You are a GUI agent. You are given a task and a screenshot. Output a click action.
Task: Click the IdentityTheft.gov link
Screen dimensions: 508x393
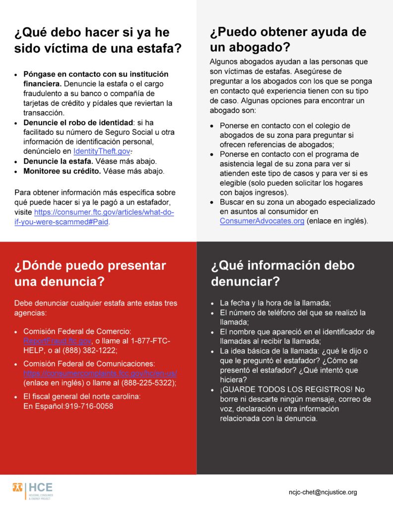102,151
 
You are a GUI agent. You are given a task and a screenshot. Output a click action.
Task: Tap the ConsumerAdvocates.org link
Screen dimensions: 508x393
262,221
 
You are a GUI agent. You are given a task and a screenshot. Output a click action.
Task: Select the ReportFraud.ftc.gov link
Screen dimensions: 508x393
57,341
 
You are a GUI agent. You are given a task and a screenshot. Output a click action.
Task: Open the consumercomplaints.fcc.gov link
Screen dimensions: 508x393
100,373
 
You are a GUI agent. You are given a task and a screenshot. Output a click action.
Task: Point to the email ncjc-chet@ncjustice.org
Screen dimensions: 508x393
323,492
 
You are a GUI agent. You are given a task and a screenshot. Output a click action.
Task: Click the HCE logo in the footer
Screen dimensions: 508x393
33,490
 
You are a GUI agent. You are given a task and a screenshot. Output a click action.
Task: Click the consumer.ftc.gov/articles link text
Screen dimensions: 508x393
104,212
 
